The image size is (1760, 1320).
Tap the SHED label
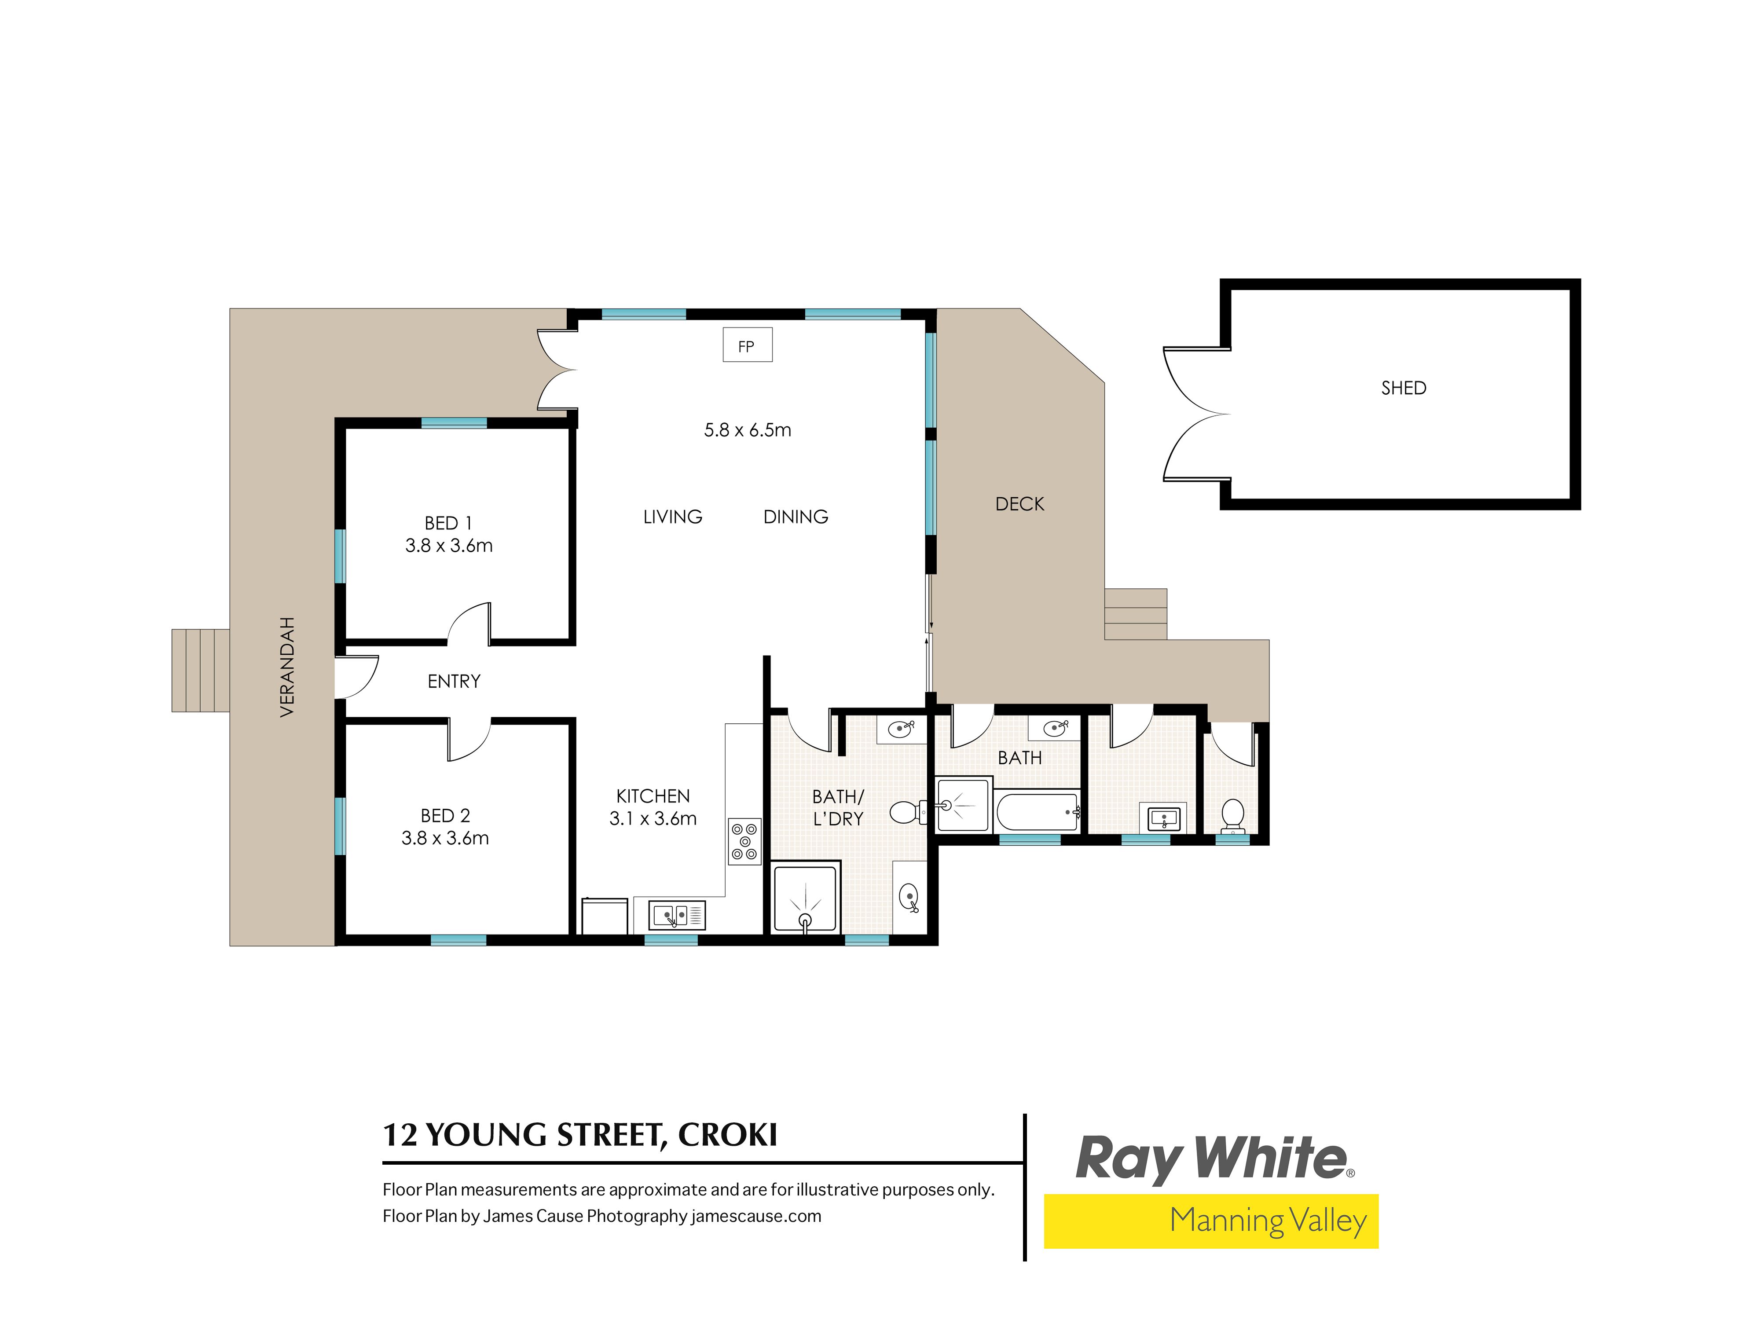(x=1404, y=388)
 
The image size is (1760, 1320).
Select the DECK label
(x=1019, y=504)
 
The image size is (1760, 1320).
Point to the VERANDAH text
(x=287, y=667)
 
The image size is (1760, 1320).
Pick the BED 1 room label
(x=448, y=523)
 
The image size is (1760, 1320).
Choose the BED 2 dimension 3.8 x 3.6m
(x=445, y=838)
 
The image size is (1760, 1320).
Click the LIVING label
(x=672, y=517)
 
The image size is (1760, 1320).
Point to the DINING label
(x=796, y=517)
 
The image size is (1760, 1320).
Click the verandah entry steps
(x=201, y=670)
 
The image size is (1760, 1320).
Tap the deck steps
(x=1135, y=614)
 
